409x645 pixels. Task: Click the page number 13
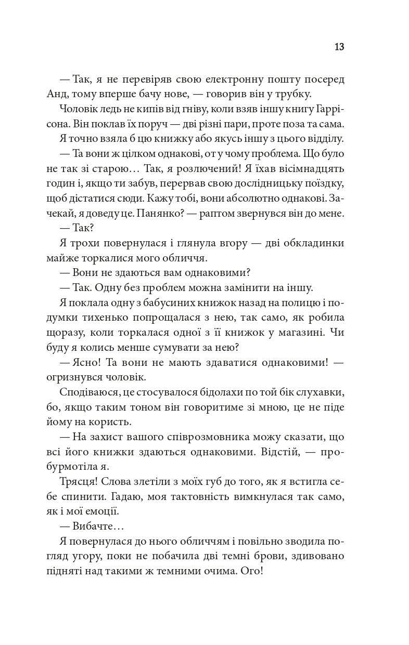pyautogui.click(x=339, y=47)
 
